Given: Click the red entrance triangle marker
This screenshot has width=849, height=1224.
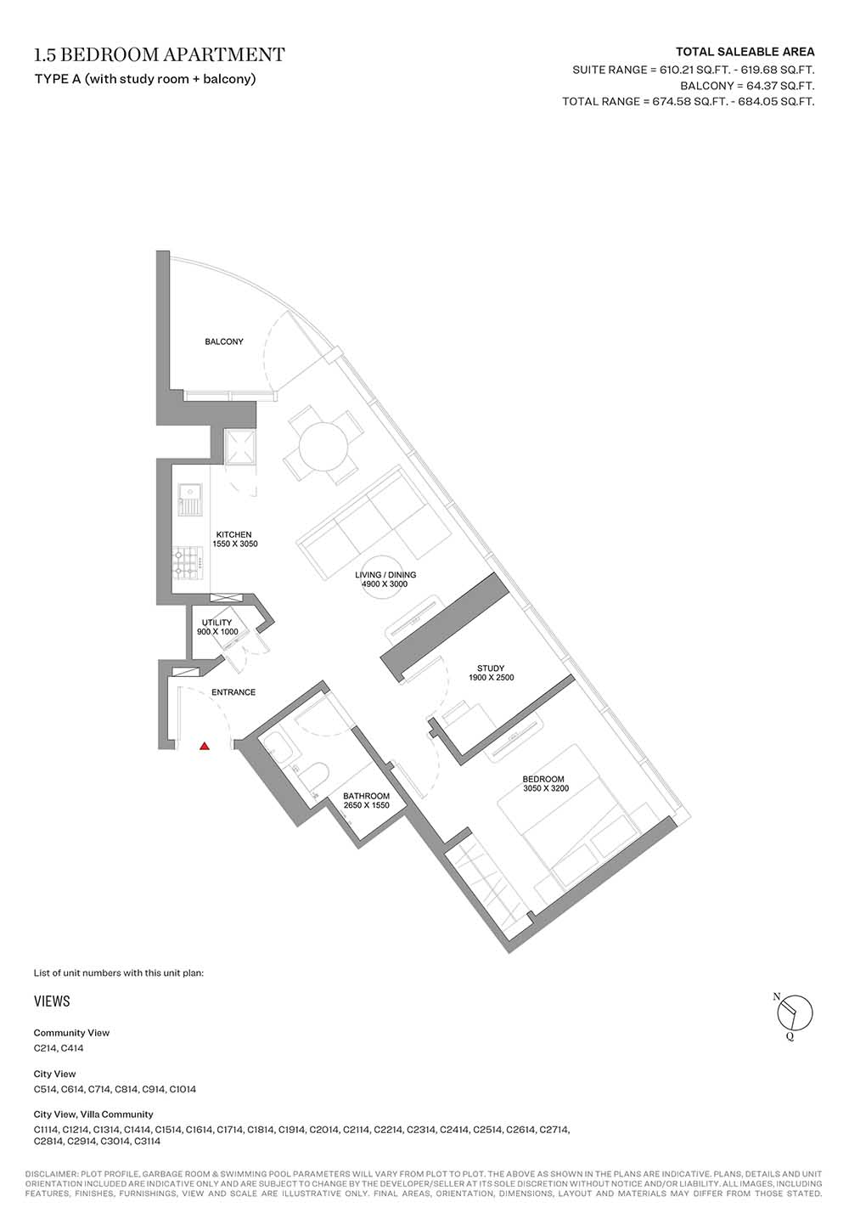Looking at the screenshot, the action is [x=205, y=745].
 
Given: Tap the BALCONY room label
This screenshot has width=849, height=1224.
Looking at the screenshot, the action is [x=224, y=341].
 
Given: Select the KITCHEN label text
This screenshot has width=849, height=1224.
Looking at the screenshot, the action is [x=233, y=534].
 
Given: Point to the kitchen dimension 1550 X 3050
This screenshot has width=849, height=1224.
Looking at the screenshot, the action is [x=235, y=544].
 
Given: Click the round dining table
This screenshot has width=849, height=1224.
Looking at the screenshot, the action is [x=323, y=447].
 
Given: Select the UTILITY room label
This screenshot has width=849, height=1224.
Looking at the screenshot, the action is [x=216, y=623].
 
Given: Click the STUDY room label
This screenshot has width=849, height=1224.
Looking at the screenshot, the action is [x=491, y=668].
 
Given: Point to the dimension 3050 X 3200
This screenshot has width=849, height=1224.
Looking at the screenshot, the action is [x=546, y=788].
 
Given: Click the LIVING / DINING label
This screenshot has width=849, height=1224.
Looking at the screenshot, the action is [x=385, y=575].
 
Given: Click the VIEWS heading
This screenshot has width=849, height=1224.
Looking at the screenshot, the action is [x=52, y=1001].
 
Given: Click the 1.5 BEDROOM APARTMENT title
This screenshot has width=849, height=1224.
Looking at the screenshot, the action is [x=160, y=54].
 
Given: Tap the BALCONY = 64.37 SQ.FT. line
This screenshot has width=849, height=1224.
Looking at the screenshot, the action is [x=747, y=86].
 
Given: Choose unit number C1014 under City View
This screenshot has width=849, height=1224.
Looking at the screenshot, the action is [x=183, y=1089].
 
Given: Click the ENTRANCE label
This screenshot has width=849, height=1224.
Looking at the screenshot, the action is [x=233, y=691].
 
